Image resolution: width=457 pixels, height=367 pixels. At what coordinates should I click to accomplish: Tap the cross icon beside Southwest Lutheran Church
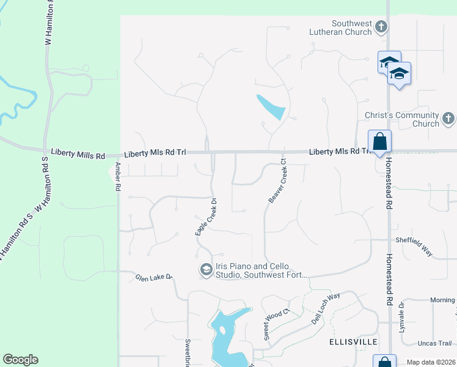click(x=381, y=27)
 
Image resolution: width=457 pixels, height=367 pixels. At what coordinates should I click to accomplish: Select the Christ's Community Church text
click(x=411, y=119)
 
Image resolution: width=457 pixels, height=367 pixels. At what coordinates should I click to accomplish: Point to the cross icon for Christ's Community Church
click(x=448, y=119)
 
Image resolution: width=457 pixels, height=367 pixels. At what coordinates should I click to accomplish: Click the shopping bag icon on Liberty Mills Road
click(x=379, y=141)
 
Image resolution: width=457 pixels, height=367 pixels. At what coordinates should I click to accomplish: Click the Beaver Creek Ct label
click(x=277, y=181)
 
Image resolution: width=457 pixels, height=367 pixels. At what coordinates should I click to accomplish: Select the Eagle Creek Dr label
click(x=206, y=216)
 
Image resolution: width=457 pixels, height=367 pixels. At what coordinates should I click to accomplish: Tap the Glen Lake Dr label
click(x=155, y=278)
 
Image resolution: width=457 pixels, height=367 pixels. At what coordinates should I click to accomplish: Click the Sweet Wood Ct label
click(x=276, y=325)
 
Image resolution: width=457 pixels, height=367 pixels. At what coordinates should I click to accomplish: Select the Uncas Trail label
click(x=434, y=343)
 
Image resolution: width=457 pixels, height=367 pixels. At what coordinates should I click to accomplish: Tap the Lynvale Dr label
click(x=401, y=314)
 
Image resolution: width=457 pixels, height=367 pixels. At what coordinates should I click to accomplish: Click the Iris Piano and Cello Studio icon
click(x=206, y=270)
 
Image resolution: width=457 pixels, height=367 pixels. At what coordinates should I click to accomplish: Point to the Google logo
click(x=20, y=360)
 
